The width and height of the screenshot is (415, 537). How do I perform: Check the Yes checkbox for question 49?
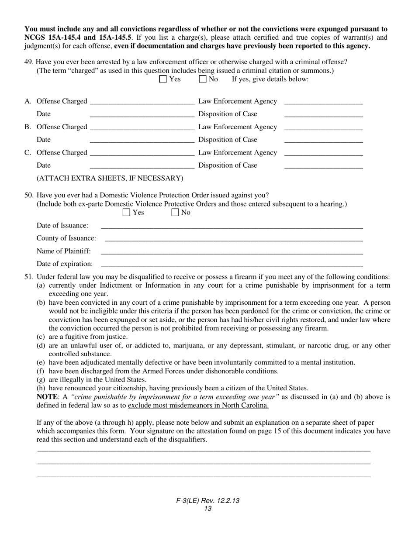tap(163, 79)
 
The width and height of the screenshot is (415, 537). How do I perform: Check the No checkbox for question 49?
tap(202, 79)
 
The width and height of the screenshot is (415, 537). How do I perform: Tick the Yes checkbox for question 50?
tap(126, 213)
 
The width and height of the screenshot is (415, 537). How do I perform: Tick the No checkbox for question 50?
tap(175, 213)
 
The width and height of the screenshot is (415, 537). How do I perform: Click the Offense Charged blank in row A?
tap(142, 102)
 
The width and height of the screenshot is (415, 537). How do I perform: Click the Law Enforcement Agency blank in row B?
tap(323, 127)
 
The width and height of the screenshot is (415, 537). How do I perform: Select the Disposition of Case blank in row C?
tap(323, 165)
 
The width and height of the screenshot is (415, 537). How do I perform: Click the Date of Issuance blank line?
tap(232, 226)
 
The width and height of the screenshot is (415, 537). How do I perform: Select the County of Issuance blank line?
tap(234, 238)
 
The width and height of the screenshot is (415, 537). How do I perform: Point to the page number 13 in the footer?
tap(208, 509)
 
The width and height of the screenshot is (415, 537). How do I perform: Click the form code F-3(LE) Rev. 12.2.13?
tap(208, 501)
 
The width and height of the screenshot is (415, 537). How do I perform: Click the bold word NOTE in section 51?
tap(47, 397)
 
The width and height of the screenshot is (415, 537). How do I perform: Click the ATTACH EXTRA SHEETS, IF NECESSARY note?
tap(110, 178)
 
